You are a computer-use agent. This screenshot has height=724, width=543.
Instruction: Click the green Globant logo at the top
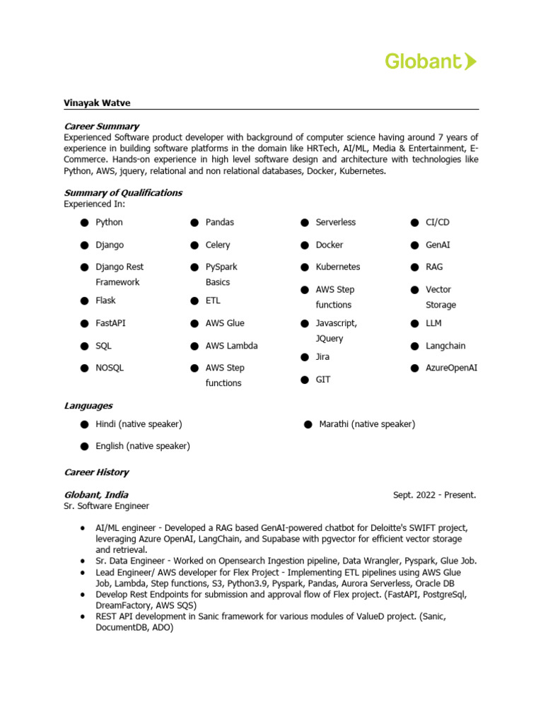point(430,62)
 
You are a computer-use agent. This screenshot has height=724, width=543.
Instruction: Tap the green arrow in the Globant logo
point(471,62)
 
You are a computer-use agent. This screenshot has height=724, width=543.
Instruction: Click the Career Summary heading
point(101,126)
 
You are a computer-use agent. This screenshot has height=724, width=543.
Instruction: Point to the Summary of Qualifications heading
point(123,192)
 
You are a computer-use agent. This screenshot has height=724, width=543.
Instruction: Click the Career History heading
point(96,472)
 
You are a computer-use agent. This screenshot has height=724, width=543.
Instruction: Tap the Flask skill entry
point(105,300)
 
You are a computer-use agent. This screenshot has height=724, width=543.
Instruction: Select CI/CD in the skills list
point(437,222)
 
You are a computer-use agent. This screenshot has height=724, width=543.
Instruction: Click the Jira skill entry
point(322,357)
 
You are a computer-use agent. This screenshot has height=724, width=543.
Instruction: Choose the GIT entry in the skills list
point(323,380)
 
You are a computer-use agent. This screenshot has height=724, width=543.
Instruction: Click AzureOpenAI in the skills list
point(451,368)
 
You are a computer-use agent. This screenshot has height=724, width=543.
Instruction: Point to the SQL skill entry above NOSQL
point(104,346)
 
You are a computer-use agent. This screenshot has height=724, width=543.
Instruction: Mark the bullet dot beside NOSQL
point(84,368)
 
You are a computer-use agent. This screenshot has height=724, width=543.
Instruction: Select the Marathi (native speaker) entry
point(367,424)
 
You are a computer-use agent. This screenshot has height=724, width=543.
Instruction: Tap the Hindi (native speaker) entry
point(139,424)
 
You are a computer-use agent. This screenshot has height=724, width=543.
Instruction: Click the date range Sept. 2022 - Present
point(434,495)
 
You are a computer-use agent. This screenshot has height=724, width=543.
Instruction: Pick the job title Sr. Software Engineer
point(106,506)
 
